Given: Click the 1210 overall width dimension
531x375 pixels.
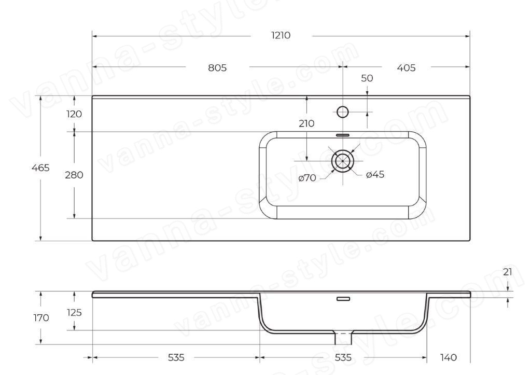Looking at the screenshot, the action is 281,35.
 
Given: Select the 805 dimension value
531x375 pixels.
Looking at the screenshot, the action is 217,68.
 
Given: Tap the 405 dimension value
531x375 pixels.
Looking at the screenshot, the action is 406,68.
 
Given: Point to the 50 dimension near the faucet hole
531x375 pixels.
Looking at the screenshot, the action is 367,78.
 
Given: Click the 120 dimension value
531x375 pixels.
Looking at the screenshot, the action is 74,114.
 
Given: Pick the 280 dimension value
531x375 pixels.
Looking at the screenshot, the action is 74,175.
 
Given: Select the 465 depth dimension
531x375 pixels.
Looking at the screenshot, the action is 40,168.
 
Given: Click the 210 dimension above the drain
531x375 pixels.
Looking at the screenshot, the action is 306,123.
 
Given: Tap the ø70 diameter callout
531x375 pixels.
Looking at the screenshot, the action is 307,177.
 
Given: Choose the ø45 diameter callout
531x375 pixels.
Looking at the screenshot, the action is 375,174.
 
